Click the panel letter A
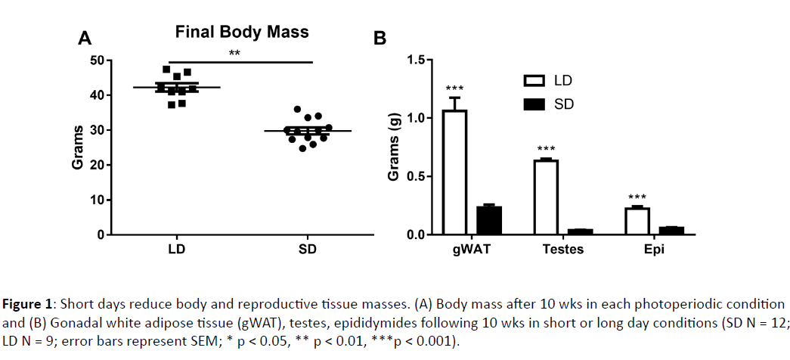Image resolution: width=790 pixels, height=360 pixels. coord(86,39)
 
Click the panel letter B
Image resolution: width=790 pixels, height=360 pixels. coord(380,39)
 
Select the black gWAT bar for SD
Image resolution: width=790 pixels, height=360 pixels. coord(488,220)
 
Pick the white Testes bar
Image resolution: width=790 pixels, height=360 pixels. coord(545,197)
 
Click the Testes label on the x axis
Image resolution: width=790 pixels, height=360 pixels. coord(562,250)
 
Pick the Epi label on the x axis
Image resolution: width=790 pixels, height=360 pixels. coord(654,250)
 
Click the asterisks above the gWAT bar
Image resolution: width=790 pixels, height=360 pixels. coord(454,88)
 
